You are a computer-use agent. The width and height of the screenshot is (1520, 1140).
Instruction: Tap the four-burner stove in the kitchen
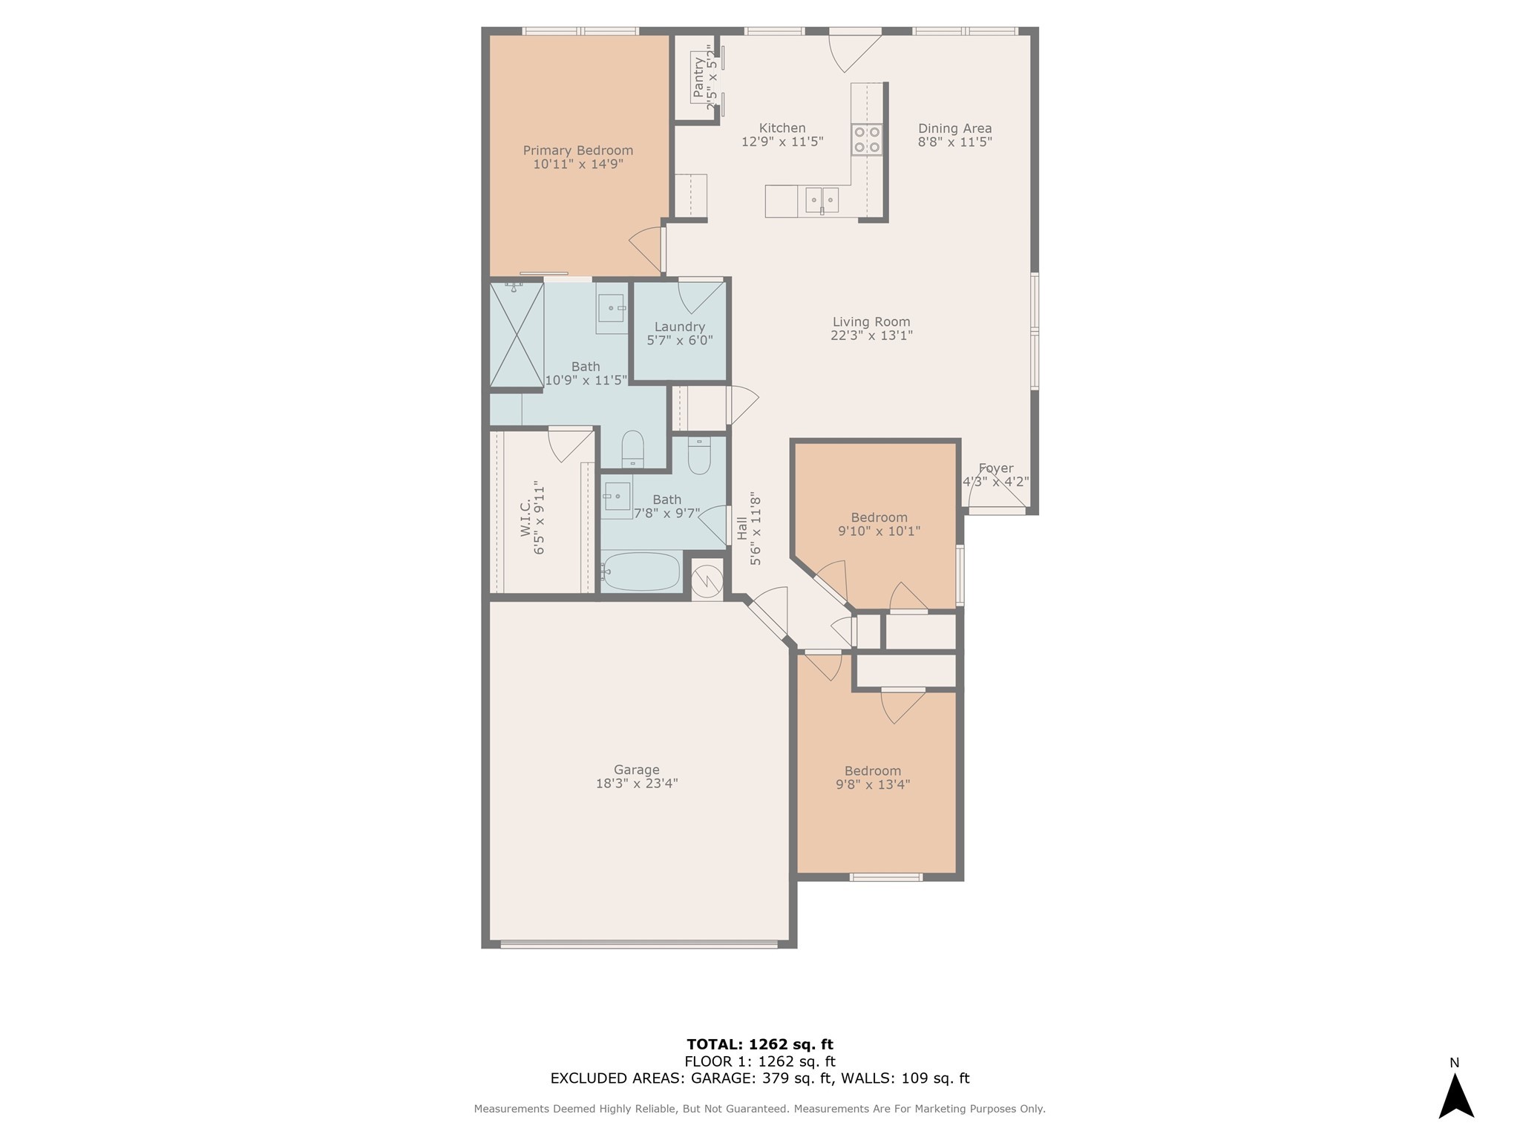tap(867, 140)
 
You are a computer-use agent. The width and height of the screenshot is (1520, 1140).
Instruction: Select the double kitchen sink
tap(822, 200)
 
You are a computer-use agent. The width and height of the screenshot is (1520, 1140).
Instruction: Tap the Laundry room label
tap(679, 327)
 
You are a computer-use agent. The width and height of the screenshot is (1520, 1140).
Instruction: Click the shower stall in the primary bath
tap(517, 335)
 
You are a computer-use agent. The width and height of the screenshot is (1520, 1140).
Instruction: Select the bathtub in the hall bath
tap(640, 571)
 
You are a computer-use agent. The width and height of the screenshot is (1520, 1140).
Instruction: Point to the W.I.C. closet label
tap(532, 519)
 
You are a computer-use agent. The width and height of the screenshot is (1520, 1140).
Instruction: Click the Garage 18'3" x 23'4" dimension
tap(637, 783)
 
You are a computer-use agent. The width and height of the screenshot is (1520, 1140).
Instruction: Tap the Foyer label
tap(995, 468)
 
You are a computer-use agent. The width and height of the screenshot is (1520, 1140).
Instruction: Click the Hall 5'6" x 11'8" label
tap(749, 528)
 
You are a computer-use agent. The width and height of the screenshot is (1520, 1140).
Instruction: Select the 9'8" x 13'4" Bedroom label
tap(873, 778)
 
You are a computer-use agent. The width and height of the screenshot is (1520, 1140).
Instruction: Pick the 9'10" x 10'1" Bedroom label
tap(879, 524)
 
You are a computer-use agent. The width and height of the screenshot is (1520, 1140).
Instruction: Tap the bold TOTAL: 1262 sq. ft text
tap(759, 1044)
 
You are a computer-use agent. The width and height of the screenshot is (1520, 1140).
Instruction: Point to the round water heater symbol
tap(707, 579)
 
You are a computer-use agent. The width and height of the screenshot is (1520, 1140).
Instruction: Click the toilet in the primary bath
tap(632, 448)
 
